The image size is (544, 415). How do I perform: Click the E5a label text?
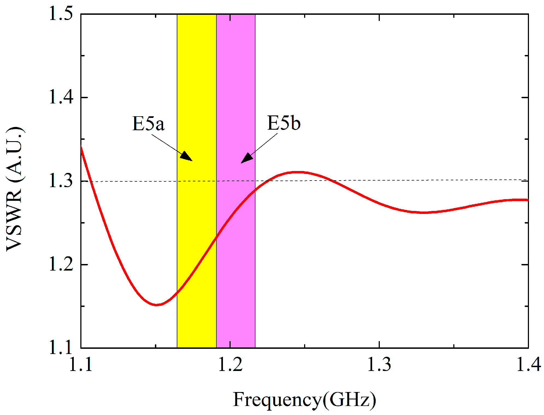coord(148,124)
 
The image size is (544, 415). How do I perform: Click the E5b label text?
coord(284,123)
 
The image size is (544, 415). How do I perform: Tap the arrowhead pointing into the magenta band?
coord(246,158)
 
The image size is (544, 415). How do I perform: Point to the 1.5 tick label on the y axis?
coord(61,13)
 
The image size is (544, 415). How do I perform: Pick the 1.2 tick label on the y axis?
coord(61,264)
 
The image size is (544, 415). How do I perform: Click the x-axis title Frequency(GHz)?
coord(304,400)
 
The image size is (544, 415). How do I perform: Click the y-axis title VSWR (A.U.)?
coord(14,189)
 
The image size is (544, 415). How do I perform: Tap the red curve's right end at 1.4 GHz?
coord(527,200)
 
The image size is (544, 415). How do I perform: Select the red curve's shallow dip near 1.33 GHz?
coord(423,212)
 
